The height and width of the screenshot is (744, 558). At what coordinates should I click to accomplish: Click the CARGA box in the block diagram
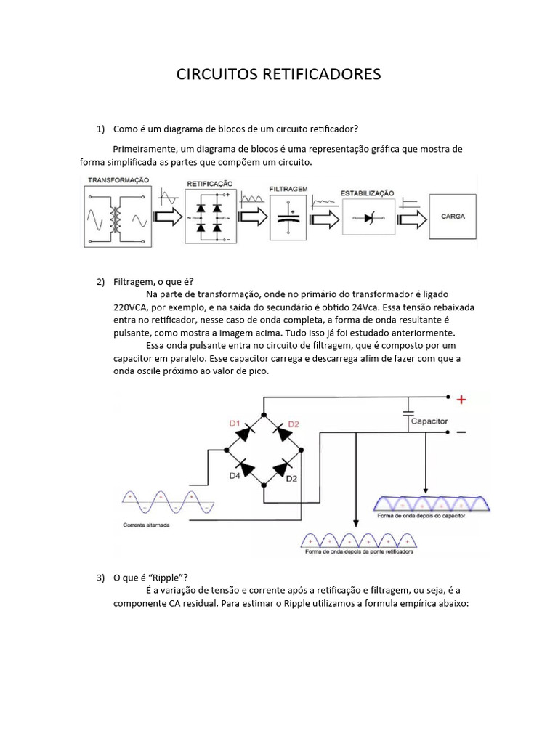pos(453,217)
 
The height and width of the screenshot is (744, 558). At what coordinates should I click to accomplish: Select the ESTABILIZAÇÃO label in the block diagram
pos(367,193)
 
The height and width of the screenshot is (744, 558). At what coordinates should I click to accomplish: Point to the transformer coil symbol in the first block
pos(115,218)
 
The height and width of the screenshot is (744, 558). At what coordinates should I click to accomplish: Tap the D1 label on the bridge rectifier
pos(235,423)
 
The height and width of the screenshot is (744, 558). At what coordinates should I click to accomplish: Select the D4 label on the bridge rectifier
pos(235,475)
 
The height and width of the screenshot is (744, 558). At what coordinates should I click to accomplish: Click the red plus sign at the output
pos(461,399)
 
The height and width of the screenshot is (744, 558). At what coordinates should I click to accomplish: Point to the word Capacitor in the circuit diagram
pos(429,421)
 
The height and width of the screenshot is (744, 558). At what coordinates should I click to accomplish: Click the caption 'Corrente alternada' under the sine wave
pos(146,524)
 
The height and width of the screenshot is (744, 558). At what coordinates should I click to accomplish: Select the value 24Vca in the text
pos(392,307)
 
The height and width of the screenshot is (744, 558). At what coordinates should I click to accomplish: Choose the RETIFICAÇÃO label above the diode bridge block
pos(210,185)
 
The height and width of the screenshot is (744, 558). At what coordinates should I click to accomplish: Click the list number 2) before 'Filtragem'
pos(101,281)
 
